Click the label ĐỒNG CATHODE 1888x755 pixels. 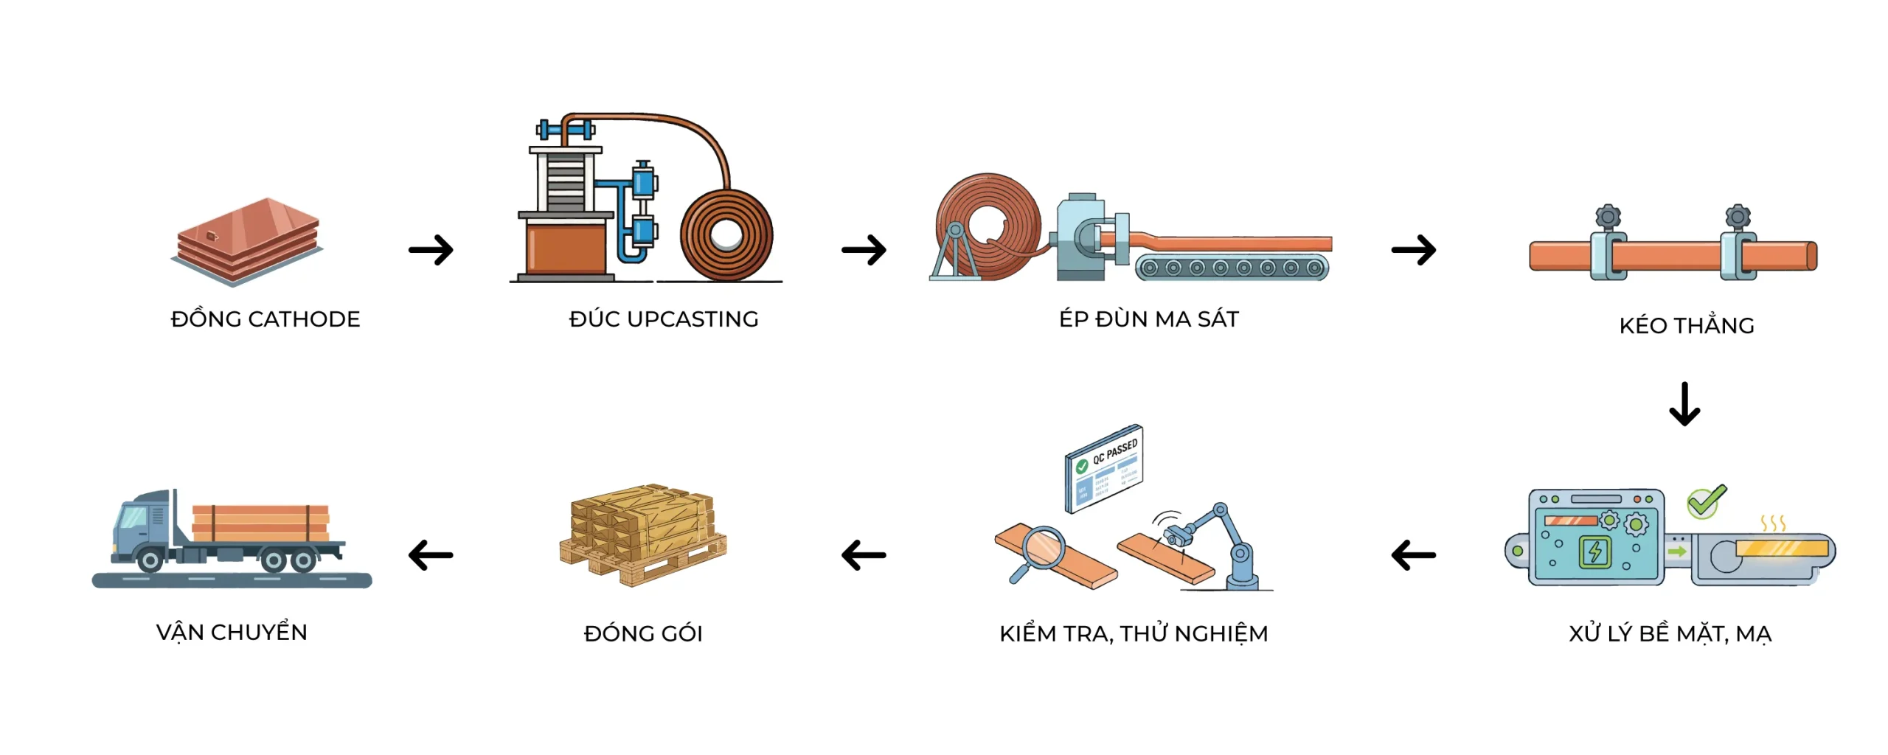pos(265,319)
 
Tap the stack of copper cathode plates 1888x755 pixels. pos(248,240)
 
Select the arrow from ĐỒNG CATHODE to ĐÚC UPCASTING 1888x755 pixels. pos(431,250)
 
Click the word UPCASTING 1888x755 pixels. pos(693,319)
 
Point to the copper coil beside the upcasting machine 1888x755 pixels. pos(726,235)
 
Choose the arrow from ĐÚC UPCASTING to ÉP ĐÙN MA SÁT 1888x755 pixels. pos(864,250)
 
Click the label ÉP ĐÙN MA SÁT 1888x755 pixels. pos(1149,319)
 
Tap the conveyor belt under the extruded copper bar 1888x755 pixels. pos(1231,268)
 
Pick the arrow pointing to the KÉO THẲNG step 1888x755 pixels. pos(1413,250)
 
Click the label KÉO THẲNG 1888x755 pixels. pos(1687,326)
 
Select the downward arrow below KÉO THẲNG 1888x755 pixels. pos(1684,404)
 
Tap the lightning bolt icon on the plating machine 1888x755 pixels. pos(1594,552)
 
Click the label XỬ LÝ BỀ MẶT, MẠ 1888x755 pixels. pos(1670,634)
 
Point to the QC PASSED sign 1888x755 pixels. pos(1104,467)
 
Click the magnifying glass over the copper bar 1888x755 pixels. pos(1040,549)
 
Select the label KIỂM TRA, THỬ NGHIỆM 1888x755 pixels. pos(1134,634)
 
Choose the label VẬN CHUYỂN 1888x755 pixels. pos(232,633)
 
